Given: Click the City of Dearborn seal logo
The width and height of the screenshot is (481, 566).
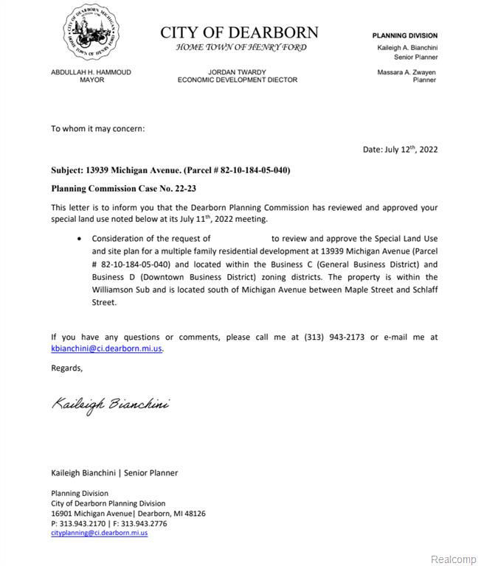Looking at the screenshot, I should pyautogui.click(x=91, y=33).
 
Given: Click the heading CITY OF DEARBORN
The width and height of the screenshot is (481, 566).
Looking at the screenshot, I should pyautogui.click(x=240, y=32).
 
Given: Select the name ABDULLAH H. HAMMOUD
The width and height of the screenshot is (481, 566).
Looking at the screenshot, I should pyautogui.click(x=91, y=72).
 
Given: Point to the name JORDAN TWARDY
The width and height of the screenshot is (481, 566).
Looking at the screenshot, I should pyautogui.click(x=238, y=72).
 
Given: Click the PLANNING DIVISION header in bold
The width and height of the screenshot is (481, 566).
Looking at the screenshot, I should pyautogui.click(x=404, y=35).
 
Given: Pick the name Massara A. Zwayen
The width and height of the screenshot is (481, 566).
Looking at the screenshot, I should pyautogui.click(x=406, y=71).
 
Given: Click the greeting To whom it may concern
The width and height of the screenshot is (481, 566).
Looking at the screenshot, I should pyautogui.click(x=97, y=128).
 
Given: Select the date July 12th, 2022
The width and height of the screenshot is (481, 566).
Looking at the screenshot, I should pyautogui.click(x=411, y=150).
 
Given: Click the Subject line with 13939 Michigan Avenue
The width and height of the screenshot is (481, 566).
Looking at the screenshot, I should pyautogui.click(x=170, y=170).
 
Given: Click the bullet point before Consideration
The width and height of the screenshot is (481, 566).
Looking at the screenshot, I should pyautogui.click(x=80, y=239).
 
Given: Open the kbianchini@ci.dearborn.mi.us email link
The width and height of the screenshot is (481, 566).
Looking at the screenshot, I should pyautogui.click(x=106, y=349).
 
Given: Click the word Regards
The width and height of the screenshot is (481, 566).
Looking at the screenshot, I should pyautogui.click(x=67, y=368).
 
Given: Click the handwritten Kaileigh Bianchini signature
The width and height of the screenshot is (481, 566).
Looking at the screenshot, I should pyautogui.click(x=111, y=405).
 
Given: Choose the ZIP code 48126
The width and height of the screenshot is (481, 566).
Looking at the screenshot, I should pyautogui.click(x=193, y=514).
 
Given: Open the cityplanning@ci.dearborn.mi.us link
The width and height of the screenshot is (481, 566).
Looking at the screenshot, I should pyautogui.click(x=100, y=532).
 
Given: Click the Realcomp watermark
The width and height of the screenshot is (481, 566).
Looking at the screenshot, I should pyautogui.click(x=453, y=559).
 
